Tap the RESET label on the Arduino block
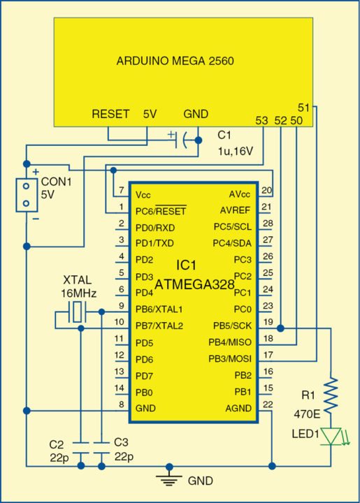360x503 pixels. (110, 114)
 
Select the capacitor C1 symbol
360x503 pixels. (184, 140)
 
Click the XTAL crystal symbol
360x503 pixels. (79, 314)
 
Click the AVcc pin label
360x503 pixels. (239, 194)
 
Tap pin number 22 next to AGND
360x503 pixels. (266, 404)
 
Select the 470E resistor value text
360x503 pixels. (306, 414)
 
